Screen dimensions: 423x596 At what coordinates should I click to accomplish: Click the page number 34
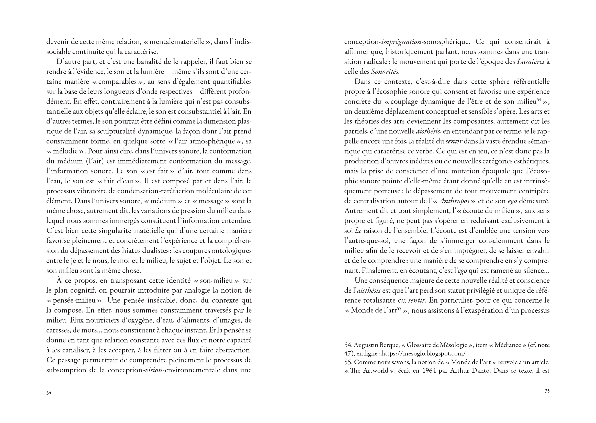[49, 393]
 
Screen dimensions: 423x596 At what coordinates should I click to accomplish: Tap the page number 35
[547, 391]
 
